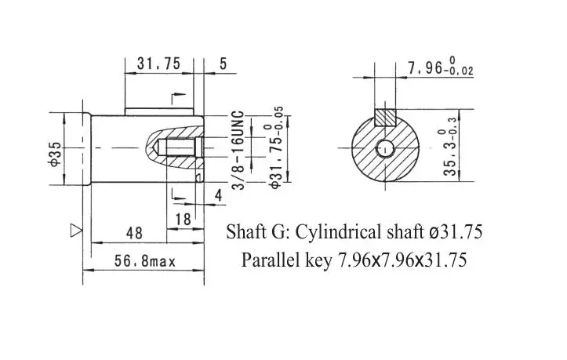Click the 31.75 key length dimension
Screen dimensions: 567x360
[x=158, y=64]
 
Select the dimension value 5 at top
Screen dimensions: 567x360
[x=223, y=64]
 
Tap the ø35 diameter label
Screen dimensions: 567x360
[x=55, y=154]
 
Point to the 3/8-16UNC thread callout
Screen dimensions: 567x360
[x=238, y=150]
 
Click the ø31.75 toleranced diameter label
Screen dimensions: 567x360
[x=277, y=147]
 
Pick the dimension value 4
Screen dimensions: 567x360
[x=219, y=195]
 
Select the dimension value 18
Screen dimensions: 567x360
[x=183, y=220]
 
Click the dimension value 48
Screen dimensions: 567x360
[x=135, y=234]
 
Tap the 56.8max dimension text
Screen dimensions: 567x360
[x=144, y=261]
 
